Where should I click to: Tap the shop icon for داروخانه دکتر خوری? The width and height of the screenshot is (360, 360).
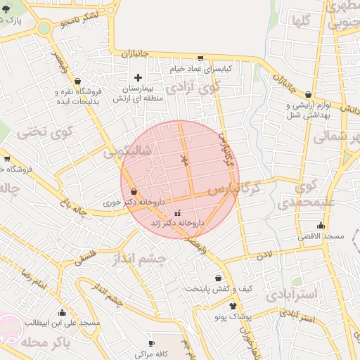(x=134, y=191)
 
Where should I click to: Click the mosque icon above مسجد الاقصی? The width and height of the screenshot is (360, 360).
(x=321, y=226)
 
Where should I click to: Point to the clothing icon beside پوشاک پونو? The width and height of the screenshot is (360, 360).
(x=233, y=306)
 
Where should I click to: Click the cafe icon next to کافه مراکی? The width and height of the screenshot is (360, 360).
(x=151, y=344)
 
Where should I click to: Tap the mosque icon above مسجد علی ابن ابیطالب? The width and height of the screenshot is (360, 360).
(x=62, y=313)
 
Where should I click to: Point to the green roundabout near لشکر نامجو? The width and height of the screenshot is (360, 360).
(x=44, y=29)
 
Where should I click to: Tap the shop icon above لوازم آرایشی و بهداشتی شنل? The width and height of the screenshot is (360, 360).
(x=308, y=94)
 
